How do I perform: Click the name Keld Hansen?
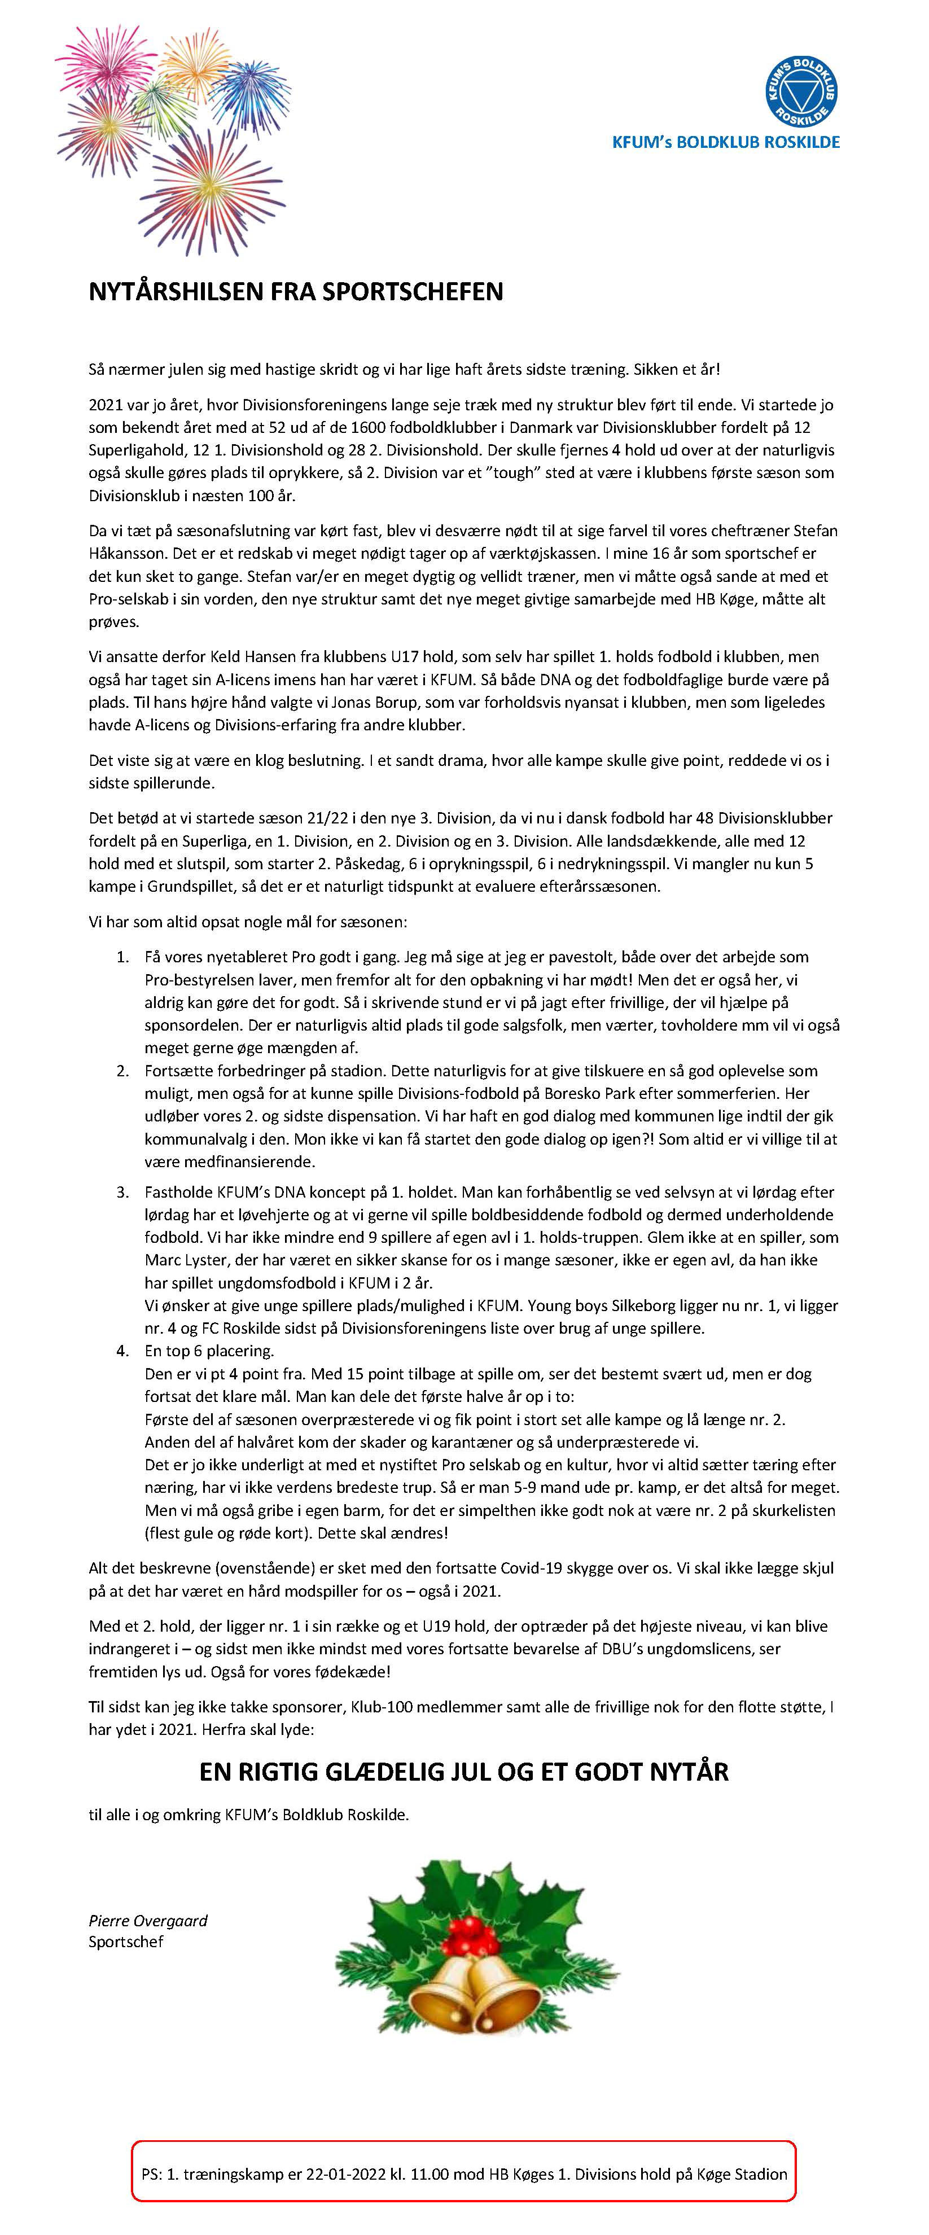[252, 657]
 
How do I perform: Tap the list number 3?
[122, 1192]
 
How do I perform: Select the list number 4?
[122, 1351]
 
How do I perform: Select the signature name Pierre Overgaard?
[147, 1921]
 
